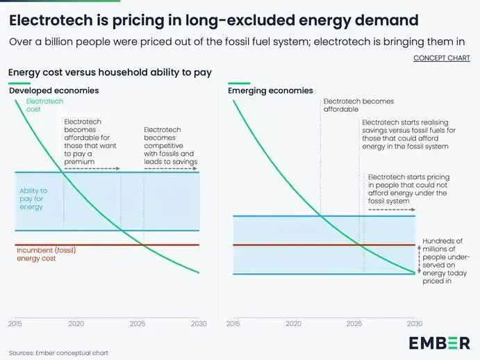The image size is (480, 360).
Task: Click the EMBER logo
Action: pyautogui.click(x=438, y=342)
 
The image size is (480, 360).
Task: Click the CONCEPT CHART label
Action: pyautogui.click(x=441, y=58)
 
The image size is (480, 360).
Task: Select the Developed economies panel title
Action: pyautogui.click(x=53, y=90)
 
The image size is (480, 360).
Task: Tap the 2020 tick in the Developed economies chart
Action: pyautogui.click(x=76, y=324)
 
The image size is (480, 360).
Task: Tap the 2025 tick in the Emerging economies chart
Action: pyautogui.click(x=354, y=324)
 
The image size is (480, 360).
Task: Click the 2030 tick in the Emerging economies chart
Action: pyautogui.click(x=415, y=324)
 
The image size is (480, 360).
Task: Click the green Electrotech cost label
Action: pyautogui.click(x=44, y=106)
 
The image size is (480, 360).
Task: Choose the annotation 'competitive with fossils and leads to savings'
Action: pyautogui.click(x=170, y=146)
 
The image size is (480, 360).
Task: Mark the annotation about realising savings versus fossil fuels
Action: pyautogui.click(x=405, y=134)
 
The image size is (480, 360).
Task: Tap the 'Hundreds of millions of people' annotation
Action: pyautogui.click(x=442, y=261)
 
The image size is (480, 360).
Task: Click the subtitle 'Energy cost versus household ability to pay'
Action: pyautogui.click(x=110, y=72)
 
